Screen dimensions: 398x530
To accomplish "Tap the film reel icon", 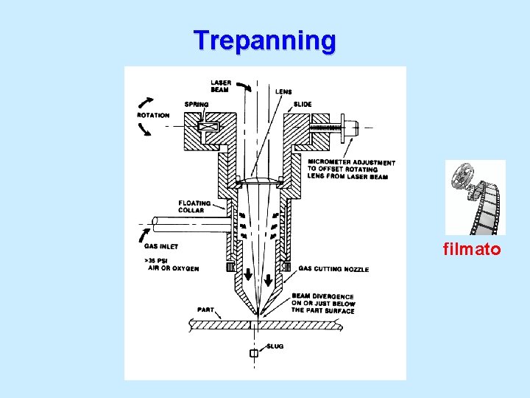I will [x=475, y=197].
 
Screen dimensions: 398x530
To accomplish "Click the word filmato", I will [x=471, y=250].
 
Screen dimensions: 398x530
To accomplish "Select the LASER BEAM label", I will [x=221, y=86].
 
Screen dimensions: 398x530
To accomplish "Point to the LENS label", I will [x=283, y=92].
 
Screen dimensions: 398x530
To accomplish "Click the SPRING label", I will [x=197, y=105].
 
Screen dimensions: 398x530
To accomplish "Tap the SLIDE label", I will [x=303, y=105].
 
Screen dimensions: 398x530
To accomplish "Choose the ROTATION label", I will [x=153, y=115].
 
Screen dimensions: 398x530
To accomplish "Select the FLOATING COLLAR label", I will [x=194, y=206].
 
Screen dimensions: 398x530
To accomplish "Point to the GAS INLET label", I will [x=161, y=246].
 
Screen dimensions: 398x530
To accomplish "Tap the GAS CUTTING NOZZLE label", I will [x=333, y=269].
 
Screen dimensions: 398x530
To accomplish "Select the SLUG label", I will [x=275, y=346].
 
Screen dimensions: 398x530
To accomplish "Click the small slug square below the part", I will [x=254, y=354].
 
